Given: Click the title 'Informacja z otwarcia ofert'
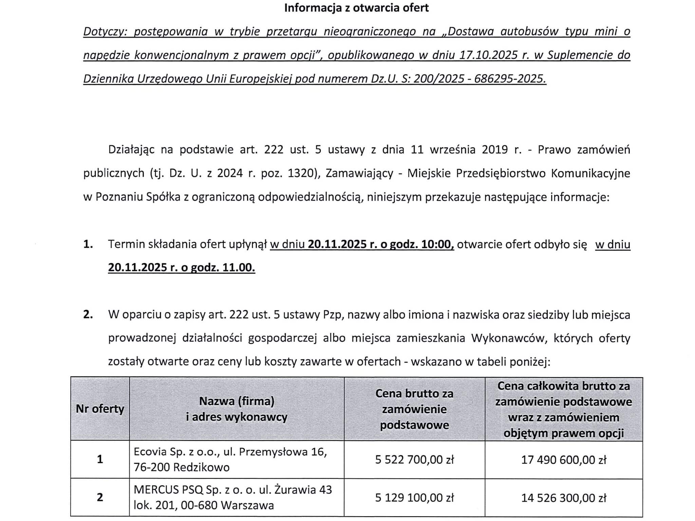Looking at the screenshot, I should click(x=356, y=8).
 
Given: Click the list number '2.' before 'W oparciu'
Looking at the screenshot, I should click(x=88, y=315).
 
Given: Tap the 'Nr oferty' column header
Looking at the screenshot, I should click(x=100, y=409).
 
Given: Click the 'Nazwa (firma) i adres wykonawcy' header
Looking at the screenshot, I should click(x=237, y=409).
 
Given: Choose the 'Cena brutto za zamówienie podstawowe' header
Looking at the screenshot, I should click(x=414, y=409).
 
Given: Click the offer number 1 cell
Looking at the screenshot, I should click(x=100, y=460).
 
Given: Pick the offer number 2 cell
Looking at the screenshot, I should click(x=100, y=498).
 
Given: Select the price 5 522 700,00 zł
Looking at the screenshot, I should click(x=414, y=460).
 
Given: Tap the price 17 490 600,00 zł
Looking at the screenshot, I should click(x=564, y=460).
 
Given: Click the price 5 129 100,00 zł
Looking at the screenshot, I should click(x=414, y=498).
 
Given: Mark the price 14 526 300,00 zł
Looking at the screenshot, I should click(x=564, y=498).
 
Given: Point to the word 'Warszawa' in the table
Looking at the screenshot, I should click(x=247, y=505).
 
